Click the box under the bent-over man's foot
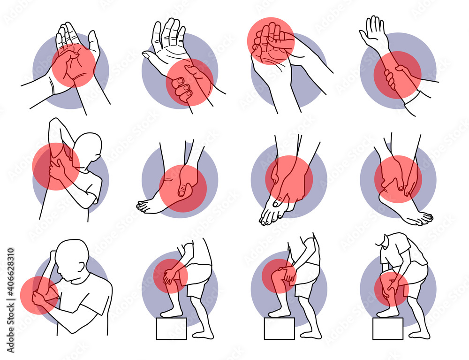388,328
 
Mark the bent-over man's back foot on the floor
419,335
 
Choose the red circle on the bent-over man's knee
392,289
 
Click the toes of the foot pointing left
143,206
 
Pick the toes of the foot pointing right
425,217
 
